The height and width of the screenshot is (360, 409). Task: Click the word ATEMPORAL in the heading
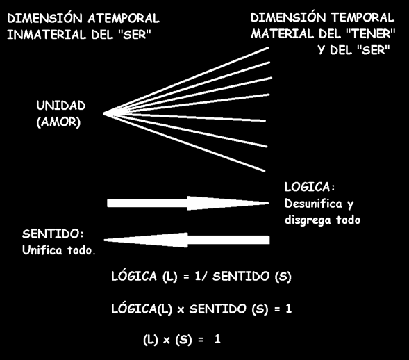tap(124, 19)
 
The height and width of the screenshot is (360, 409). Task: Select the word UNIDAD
tap(61, 106)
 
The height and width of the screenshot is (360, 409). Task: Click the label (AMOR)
tap(58, 122)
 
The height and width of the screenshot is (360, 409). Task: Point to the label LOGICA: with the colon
tap(310, 187)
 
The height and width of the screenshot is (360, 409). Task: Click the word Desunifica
tap(313, 204)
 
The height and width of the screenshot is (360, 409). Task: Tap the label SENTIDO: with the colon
tap(53, 234)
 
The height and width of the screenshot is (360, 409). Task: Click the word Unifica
tap(42, 250)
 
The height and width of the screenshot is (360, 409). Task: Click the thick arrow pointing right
tap(187, 203)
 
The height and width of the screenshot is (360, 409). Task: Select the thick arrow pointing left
tap(187, 240)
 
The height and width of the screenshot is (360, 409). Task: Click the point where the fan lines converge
tap(103, 113)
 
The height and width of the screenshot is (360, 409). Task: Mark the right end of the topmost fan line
tap(269, 48)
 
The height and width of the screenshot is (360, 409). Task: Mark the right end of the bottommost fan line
tap(265, 171)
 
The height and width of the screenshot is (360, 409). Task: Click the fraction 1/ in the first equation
tap(201, 276)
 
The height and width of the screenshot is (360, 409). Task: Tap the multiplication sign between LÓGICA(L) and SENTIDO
tap(181, 310)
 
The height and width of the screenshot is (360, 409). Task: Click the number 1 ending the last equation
tap(217, 339)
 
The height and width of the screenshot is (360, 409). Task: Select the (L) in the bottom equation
tap(151, 340)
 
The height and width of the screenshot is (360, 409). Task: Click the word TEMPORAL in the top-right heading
tap(363, 17)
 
